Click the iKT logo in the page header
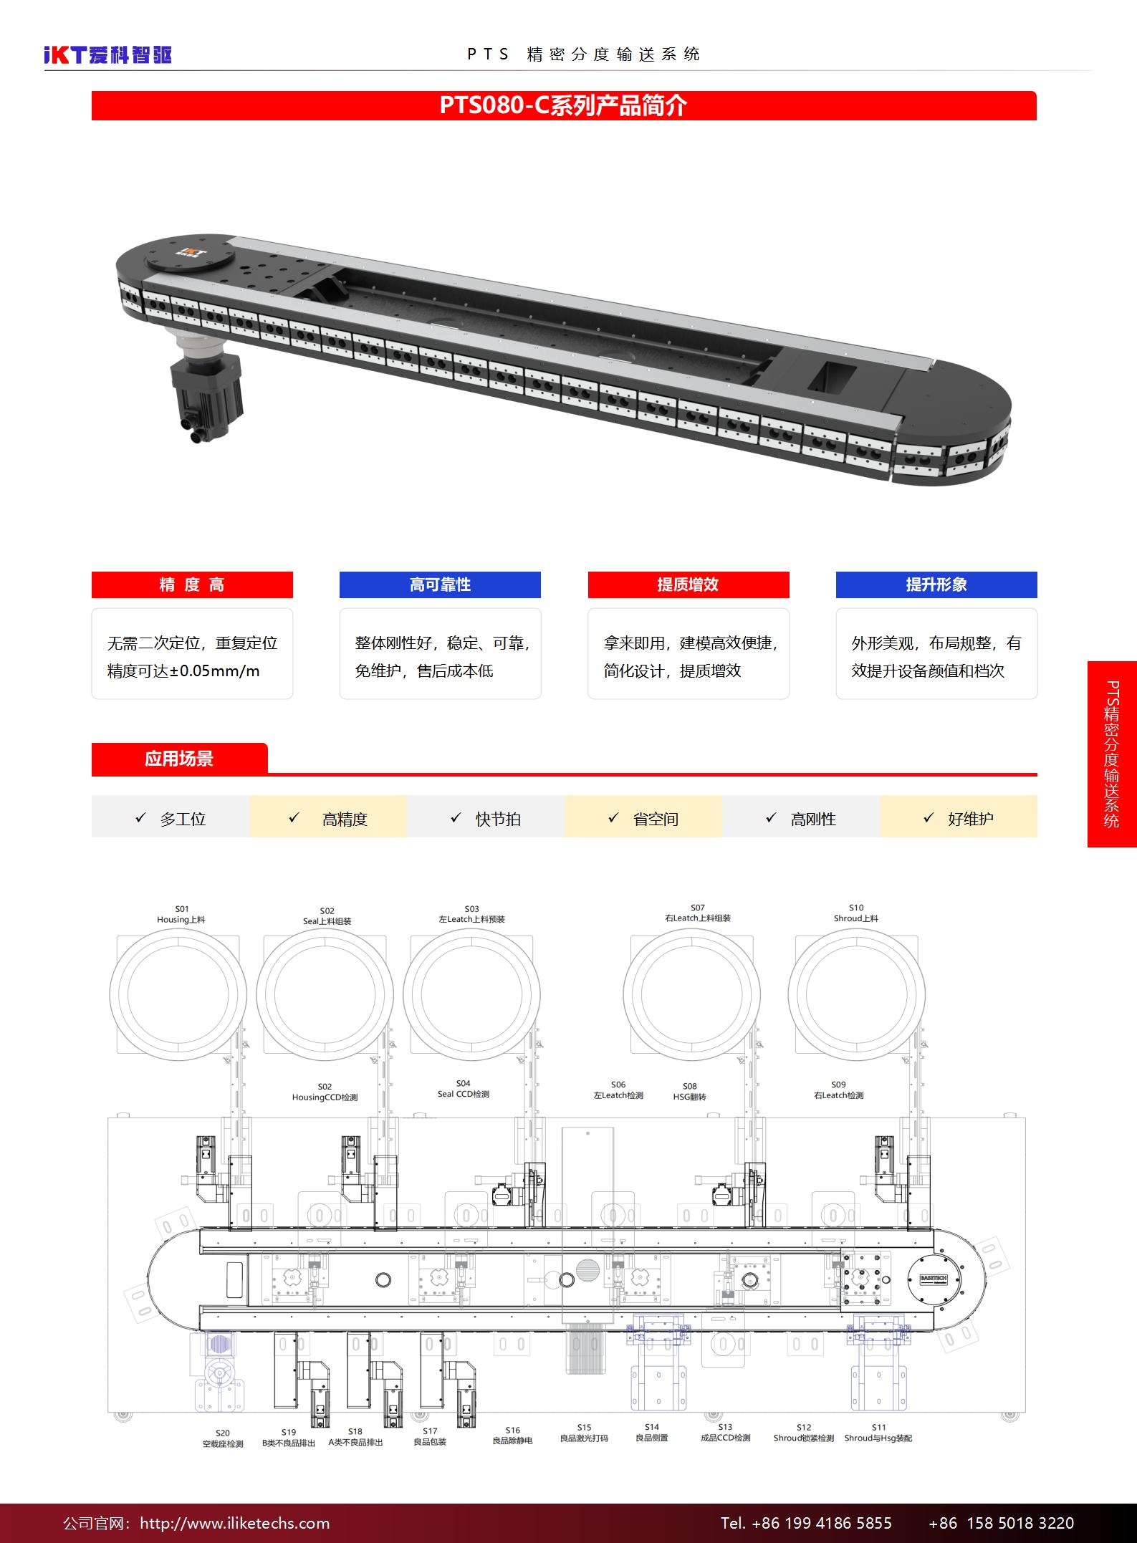click(108, 54)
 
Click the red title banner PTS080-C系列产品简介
click(564, 105)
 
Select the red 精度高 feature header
click(192, 585)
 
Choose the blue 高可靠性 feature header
click(440, 585)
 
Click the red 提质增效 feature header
click(689, 585)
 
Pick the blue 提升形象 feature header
click(936, 585)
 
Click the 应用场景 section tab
click(179, 759)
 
